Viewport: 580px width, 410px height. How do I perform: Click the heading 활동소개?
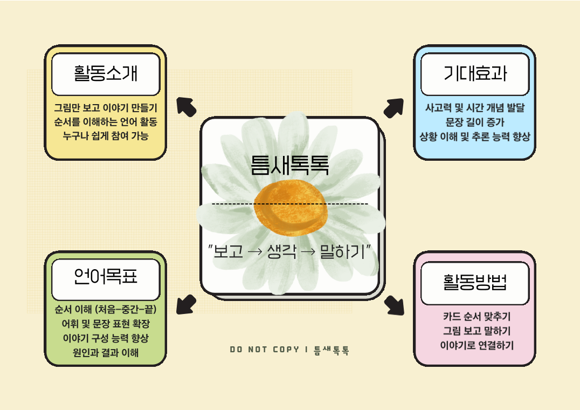[106, 73]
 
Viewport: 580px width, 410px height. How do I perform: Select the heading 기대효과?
[475, 73]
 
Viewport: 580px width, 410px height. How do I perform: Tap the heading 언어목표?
[106, 276]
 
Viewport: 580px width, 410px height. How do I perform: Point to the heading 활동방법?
[475, 282]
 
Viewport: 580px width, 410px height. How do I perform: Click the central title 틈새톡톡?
[289, 165]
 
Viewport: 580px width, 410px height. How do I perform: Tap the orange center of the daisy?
[291, 208]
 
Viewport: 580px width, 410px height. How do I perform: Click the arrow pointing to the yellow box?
[186, 107]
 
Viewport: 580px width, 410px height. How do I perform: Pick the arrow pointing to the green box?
[186, 304]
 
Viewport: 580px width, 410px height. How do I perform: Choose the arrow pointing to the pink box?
[395, 305]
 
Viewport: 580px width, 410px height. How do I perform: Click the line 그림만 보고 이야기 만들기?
[106, 108]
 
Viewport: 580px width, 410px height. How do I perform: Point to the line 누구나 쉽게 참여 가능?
[106, 136]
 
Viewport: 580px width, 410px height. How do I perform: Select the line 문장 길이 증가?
[475, 122]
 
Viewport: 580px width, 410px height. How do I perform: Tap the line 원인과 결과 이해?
[106, 352]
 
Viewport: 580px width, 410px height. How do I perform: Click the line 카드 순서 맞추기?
[477, 316]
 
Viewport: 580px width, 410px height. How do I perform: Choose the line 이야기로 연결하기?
[477, 345]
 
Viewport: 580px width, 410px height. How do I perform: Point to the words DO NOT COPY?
[265, 350]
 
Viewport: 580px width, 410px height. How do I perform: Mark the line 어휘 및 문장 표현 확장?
[106, 324]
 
